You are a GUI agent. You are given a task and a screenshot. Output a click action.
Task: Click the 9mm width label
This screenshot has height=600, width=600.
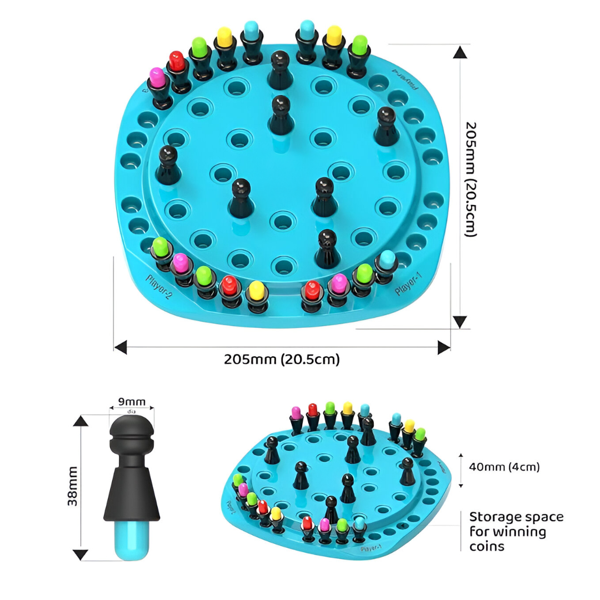click(x=132, y=402)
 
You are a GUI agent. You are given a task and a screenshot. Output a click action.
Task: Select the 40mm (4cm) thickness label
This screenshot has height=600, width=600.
click(x=504, y=467)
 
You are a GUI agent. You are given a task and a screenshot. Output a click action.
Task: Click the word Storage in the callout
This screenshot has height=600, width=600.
click(x=493, y=517)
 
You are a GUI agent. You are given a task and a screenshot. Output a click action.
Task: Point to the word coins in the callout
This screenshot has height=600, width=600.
click(x=487, y=546)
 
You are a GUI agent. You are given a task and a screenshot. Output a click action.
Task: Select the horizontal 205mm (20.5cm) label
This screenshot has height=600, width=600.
click(x=282, y=359)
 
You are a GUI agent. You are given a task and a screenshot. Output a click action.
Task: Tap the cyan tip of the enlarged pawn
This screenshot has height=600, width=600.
click(x=131, y=539)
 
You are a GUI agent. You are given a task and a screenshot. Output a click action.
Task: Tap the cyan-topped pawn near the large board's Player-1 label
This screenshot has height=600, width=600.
click(x=386, y=263)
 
